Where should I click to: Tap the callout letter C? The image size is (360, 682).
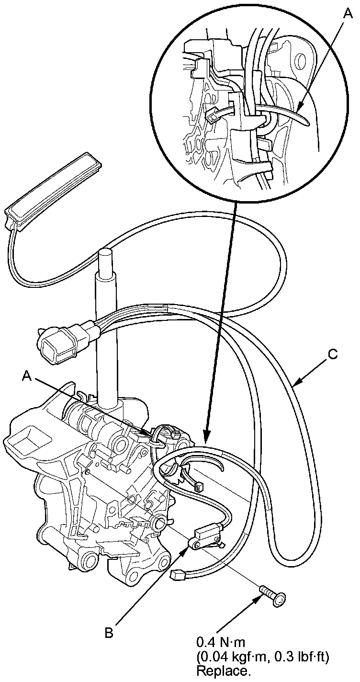[333, 355]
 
